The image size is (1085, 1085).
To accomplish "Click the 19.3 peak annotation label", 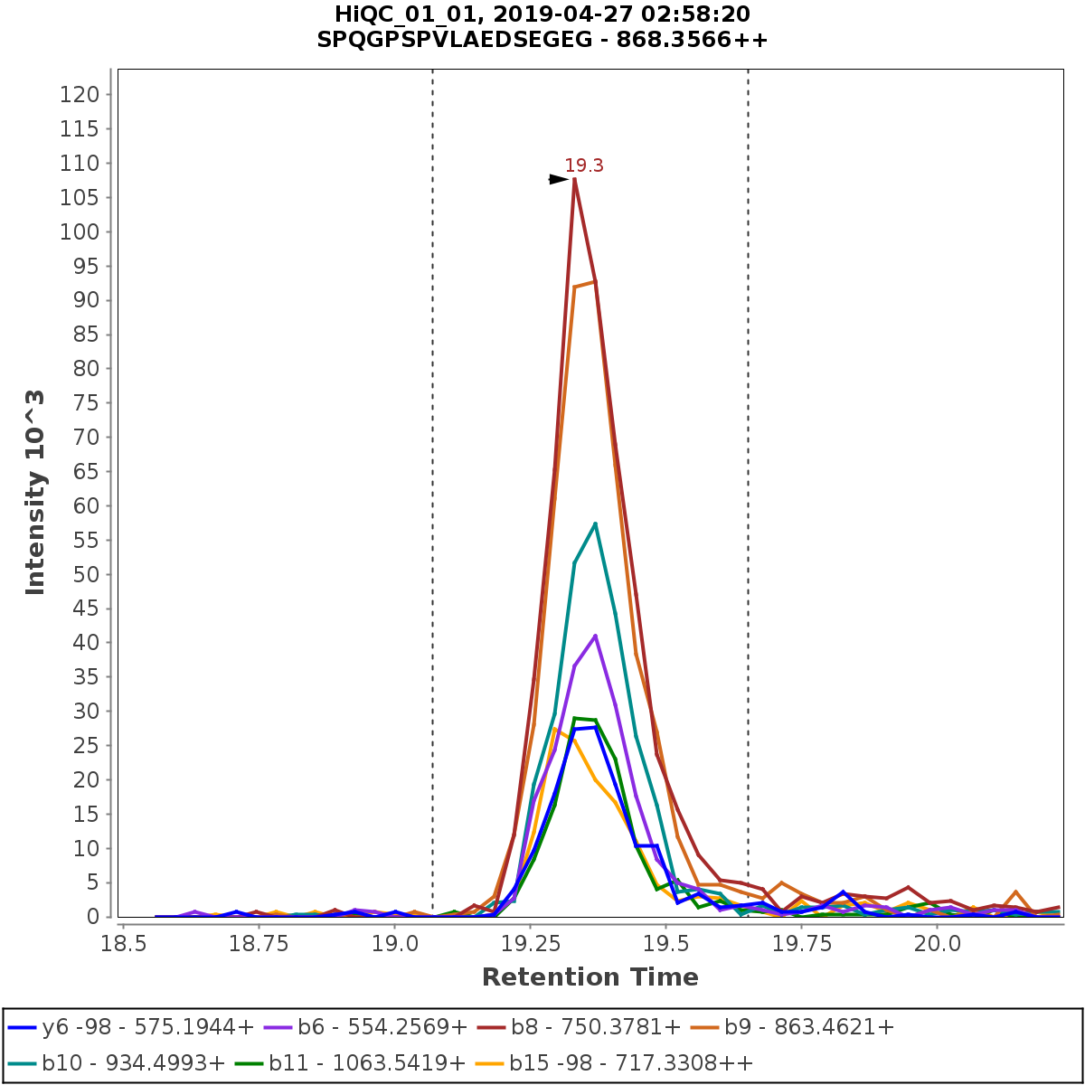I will pyautogui.click(x=583, y=165).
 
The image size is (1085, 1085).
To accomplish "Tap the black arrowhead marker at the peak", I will pyautogui.click(x=559, y=179).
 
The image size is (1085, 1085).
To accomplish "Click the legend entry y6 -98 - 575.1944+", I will pyautogui.click(x=131, y=1026).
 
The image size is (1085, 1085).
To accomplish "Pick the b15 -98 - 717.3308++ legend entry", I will pyautogui.click(x=630, y=1061).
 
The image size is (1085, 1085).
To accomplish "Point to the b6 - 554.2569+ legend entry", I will pyautogui.click(x=382, y=1026).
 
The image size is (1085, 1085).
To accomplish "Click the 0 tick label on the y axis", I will pyautogui.click(x=92, y=917).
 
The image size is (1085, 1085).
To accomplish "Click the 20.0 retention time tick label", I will pyautogui.click(x=938, y=943).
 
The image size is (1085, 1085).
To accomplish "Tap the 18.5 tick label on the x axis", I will pyautogui.click(x=123, y=943).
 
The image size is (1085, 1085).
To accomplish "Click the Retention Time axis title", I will pyautogui.click(x=590, y=977).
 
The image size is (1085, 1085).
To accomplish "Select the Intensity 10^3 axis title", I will pyautogui.click(x=35, y=492).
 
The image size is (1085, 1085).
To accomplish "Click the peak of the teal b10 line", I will pyautogui.click(x=595, y=523).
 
